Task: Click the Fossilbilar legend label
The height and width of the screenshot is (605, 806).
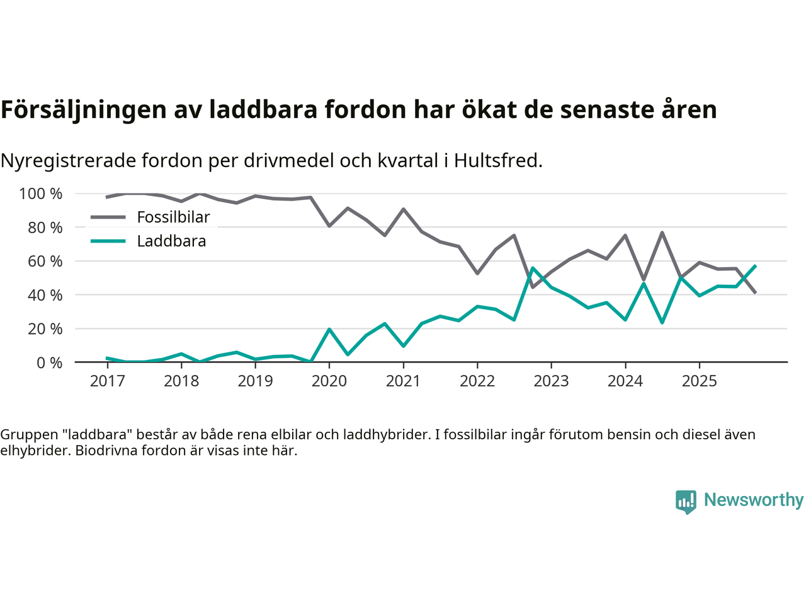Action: tap(173, 217)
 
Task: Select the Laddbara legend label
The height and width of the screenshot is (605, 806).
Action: tap(171, 241)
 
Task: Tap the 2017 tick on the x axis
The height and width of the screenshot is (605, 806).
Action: tap(107, 381)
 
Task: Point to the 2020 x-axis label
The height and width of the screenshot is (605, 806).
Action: tap(329, 381)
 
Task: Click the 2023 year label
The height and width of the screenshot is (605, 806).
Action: tap(551, 381)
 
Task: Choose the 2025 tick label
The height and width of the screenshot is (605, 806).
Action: tap(699, 381)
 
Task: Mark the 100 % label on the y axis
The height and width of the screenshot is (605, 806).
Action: tap(41, 194)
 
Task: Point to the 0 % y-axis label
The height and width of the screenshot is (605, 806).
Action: tap(49, 363)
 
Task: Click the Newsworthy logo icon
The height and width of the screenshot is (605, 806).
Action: tap(686, 502)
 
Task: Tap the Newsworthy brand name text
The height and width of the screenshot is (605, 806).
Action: tap(754, 500)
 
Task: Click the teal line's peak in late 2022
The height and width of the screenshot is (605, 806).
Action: tap(533, 268)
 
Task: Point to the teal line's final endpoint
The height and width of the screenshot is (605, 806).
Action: tap(755, 266)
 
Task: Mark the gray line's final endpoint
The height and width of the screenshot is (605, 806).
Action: tap(755, 293)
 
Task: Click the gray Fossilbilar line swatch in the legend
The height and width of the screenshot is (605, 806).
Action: tap(108, 217)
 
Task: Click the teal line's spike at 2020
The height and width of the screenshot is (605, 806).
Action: tap(329, 329)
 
